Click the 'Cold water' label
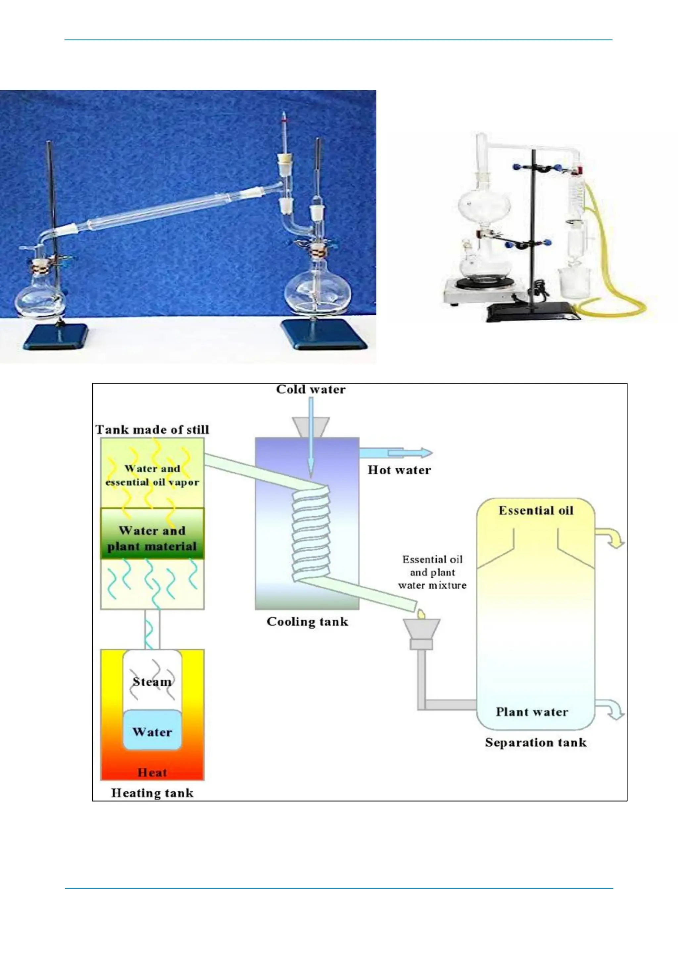pyautogui.click(x=311, y=389)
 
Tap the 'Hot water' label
pyautogui.click(x=399, y=470)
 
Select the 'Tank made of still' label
pyautogui.click(x=152, y=430)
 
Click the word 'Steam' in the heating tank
pyautogui.click(x=152, y=682)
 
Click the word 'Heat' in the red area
pyautogui.click(x=152, y=772)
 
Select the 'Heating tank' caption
pyautogui.click(x=152, y=793)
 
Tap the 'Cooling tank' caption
pyautogui.click(x=307, y=621)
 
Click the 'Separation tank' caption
pyautogui.click(x=536, y=742)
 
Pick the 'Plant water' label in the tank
pyautogui.click(x=532, y=712)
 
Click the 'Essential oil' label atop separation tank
pyautogui.click(x=536, y=510)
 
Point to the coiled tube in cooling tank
pyautogui.click(x=311, y=535)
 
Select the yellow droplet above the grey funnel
pyautogui.click(x=421, y=614)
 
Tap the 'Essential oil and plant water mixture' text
pyautogui.click(x=432, y=572)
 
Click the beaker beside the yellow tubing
pyautogui.click(x=574, y=282)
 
